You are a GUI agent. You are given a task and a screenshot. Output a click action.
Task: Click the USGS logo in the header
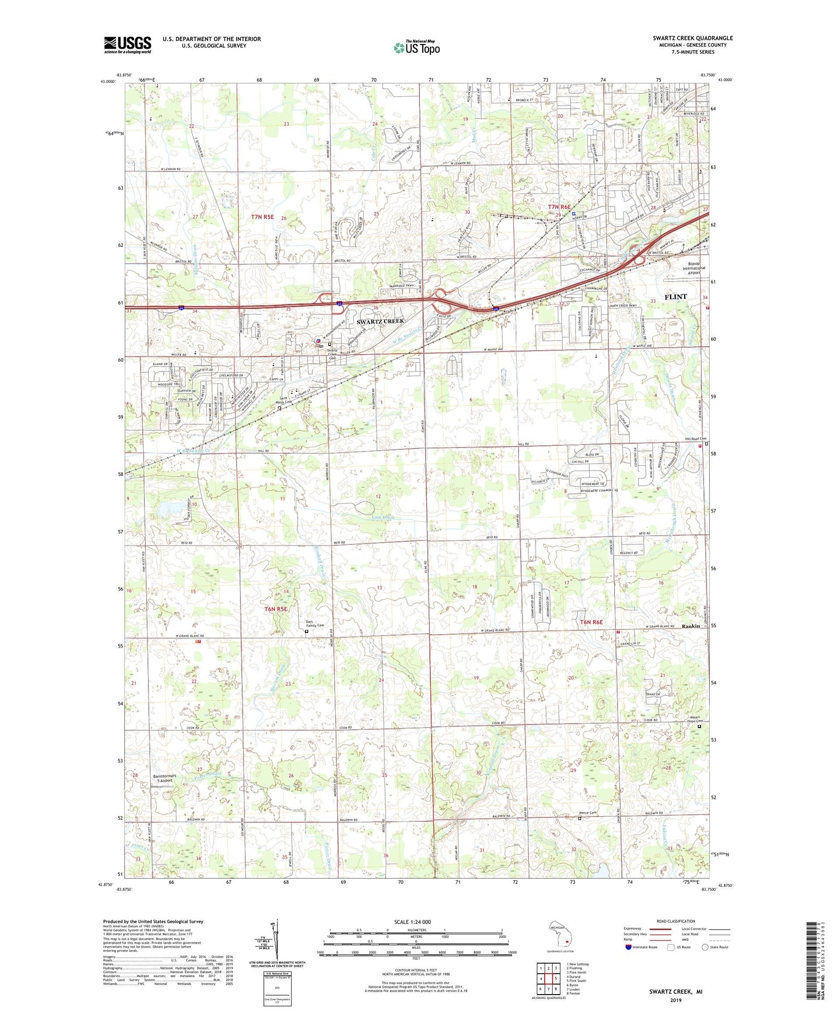(128, 44)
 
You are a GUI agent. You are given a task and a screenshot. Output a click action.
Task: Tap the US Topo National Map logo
(416, 47)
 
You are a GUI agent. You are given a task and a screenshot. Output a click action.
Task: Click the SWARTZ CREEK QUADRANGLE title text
(692, 38)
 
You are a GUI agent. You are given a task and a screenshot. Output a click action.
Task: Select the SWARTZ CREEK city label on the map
(380, 321)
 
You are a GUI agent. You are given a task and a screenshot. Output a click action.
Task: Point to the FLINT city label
(675, 297)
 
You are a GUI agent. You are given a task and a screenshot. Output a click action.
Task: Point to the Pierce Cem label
(588, 813)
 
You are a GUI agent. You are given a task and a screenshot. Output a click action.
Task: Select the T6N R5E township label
(276, 609)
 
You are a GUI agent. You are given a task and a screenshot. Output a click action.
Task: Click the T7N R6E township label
(560, 207)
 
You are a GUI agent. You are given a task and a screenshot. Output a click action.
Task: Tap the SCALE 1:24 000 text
(415, 922)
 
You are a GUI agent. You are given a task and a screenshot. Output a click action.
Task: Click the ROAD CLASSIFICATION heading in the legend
(676, 921)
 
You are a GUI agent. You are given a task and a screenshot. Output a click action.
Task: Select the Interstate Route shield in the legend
(628, 947)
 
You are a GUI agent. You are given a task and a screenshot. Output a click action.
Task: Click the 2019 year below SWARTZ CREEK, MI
(676, 1000)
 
